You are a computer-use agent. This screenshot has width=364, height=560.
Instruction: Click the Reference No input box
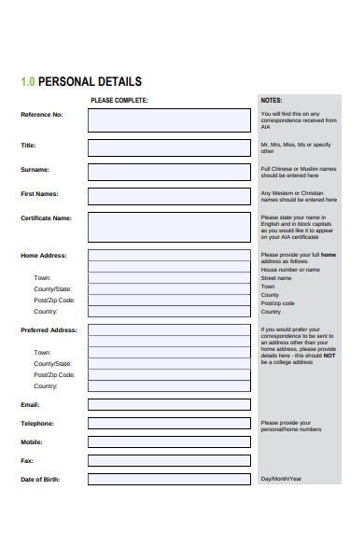(x=169, y=120)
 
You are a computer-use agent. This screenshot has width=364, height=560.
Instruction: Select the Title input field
(x=169, y=147)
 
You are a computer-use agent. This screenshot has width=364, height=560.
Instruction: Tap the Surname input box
(x=169, y=172)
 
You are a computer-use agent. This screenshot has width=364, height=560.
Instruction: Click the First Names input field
(x=169, y=196)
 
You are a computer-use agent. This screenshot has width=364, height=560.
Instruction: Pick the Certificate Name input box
(x=169, y=226)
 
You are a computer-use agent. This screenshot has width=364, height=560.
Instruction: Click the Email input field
(x=169, y=405)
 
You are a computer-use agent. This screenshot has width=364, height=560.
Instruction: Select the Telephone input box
(x=169, y=424)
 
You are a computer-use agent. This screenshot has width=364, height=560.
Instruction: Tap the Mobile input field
(x=169, y=442)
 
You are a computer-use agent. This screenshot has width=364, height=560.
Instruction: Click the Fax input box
(x=169, y=461)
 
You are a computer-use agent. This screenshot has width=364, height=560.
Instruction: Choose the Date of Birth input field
(x=169, y=480)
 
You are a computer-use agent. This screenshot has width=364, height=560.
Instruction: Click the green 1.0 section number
(x=28, y=82)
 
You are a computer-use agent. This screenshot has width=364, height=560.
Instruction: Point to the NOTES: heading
(x=272, y=100)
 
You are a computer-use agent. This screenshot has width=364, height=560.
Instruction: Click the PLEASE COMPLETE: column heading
(x=119, y=100)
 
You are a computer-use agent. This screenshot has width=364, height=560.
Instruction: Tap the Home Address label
(x=43, y=255)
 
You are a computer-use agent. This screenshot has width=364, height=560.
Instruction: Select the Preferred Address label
(x=49, y=330)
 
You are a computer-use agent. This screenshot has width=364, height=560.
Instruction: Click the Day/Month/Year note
(x=281, y=479)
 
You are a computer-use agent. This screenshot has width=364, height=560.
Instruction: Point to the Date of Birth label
(x=40, y=480)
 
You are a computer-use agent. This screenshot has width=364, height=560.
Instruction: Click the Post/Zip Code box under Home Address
(x=169, y=301)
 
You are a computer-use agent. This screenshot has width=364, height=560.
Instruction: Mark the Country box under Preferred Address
(x=169, y=385)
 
